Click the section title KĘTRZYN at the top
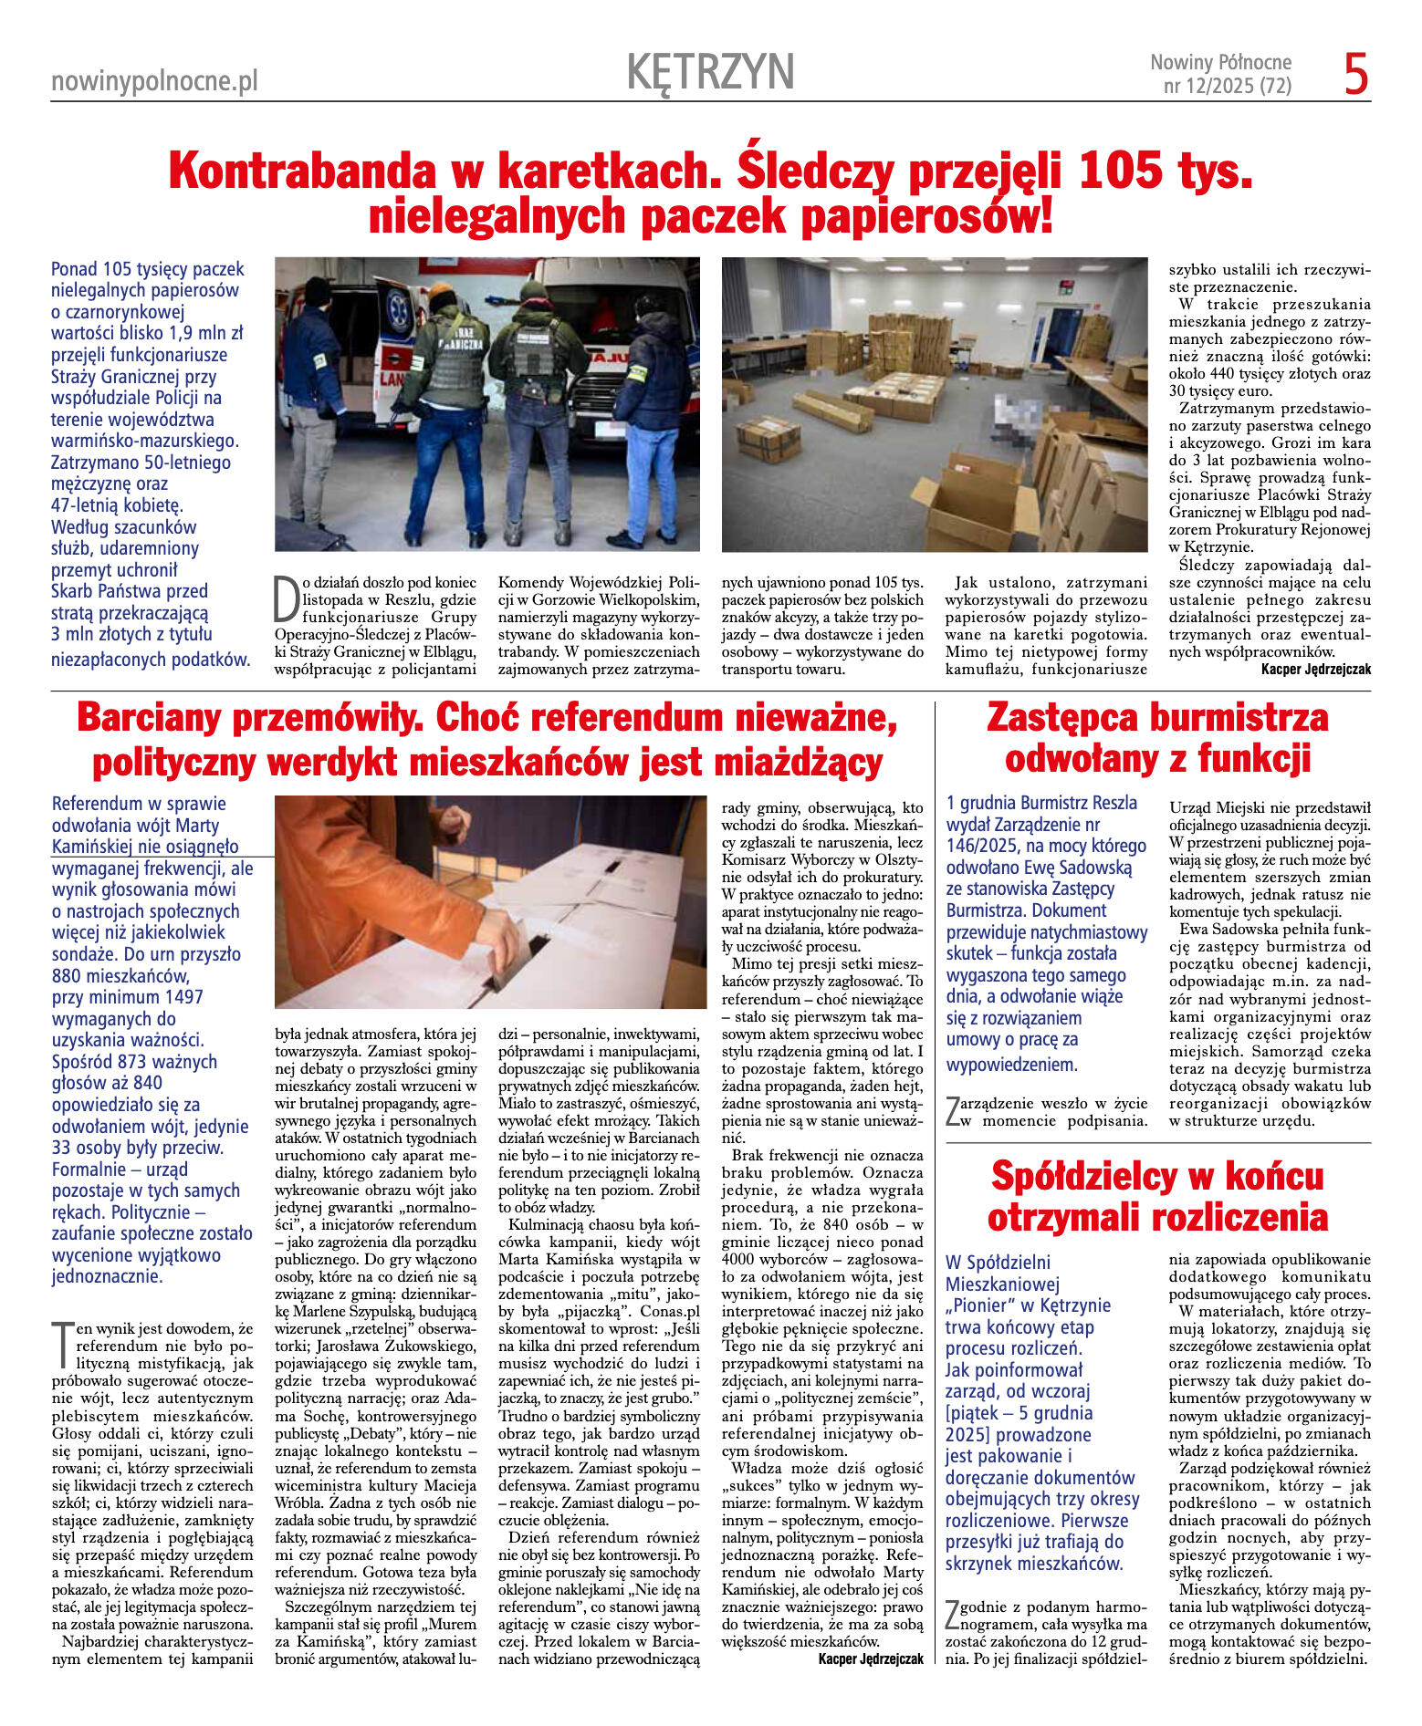[x=710, y=72]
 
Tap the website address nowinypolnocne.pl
[x=154, y=82]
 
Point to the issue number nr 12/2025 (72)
[x=1227, y=88]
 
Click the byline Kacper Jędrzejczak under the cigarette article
[x=1315, y=669]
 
